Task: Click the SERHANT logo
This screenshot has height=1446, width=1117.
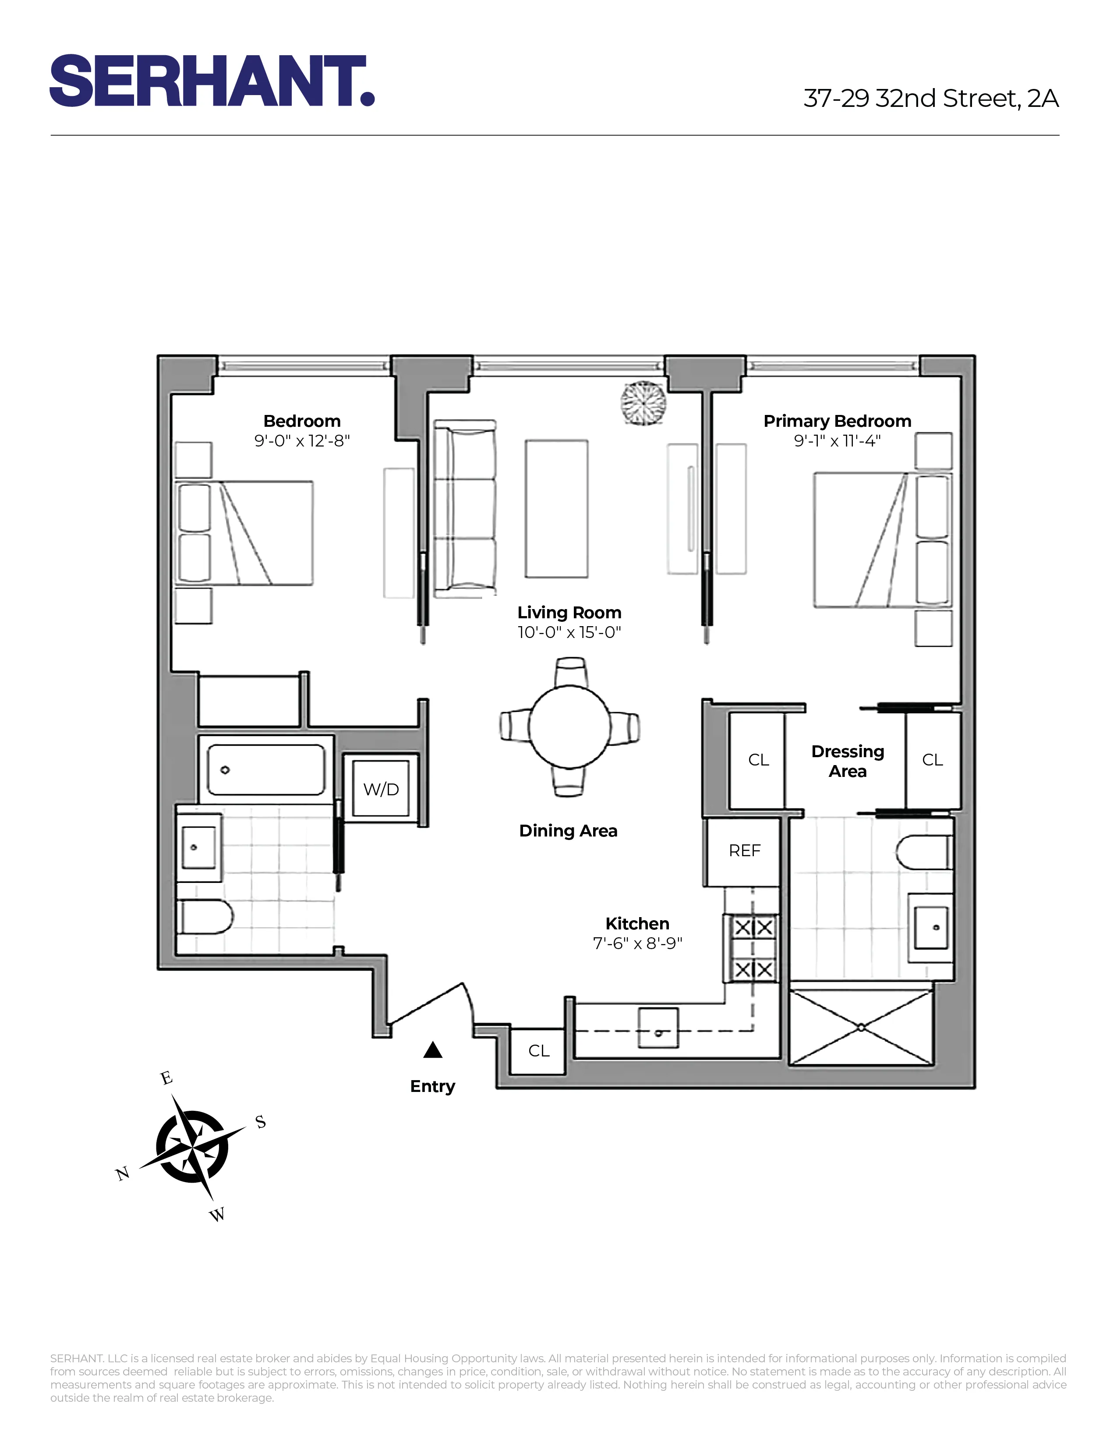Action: pyautogui.click(x=212, y=81)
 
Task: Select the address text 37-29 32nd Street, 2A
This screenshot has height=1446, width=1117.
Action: pyautogui.click(x=930, y=99)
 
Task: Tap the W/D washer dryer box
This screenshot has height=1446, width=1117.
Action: pyautogui.click(x=381, y=789)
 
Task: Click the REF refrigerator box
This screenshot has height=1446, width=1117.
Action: pyautogui.click(x=744, y=851)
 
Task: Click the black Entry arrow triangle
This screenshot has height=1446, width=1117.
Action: pyautogui.click(x=433, y=1050)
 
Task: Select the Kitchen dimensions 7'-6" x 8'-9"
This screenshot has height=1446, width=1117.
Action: pyautogui.click(x=637, y=943)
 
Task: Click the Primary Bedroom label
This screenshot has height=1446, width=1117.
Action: pyautogui.click(x=837, y=421)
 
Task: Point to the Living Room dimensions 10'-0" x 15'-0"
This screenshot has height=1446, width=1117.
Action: pyautogui.click(x=569, y=632)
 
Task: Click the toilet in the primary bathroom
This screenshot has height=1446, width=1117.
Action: pyautogui.click(x=923, y=852)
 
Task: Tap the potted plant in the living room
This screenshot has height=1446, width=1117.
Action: pyautogui.click(x=643, y=403)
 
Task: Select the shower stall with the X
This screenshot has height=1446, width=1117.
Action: pyautogui.click(x=861, y=1028)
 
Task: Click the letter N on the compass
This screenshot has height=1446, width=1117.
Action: pyautogui.click(x=122, y=1174)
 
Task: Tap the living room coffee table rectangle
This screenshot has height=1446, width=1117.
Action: pyautogui.click(x=556, y=508)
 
